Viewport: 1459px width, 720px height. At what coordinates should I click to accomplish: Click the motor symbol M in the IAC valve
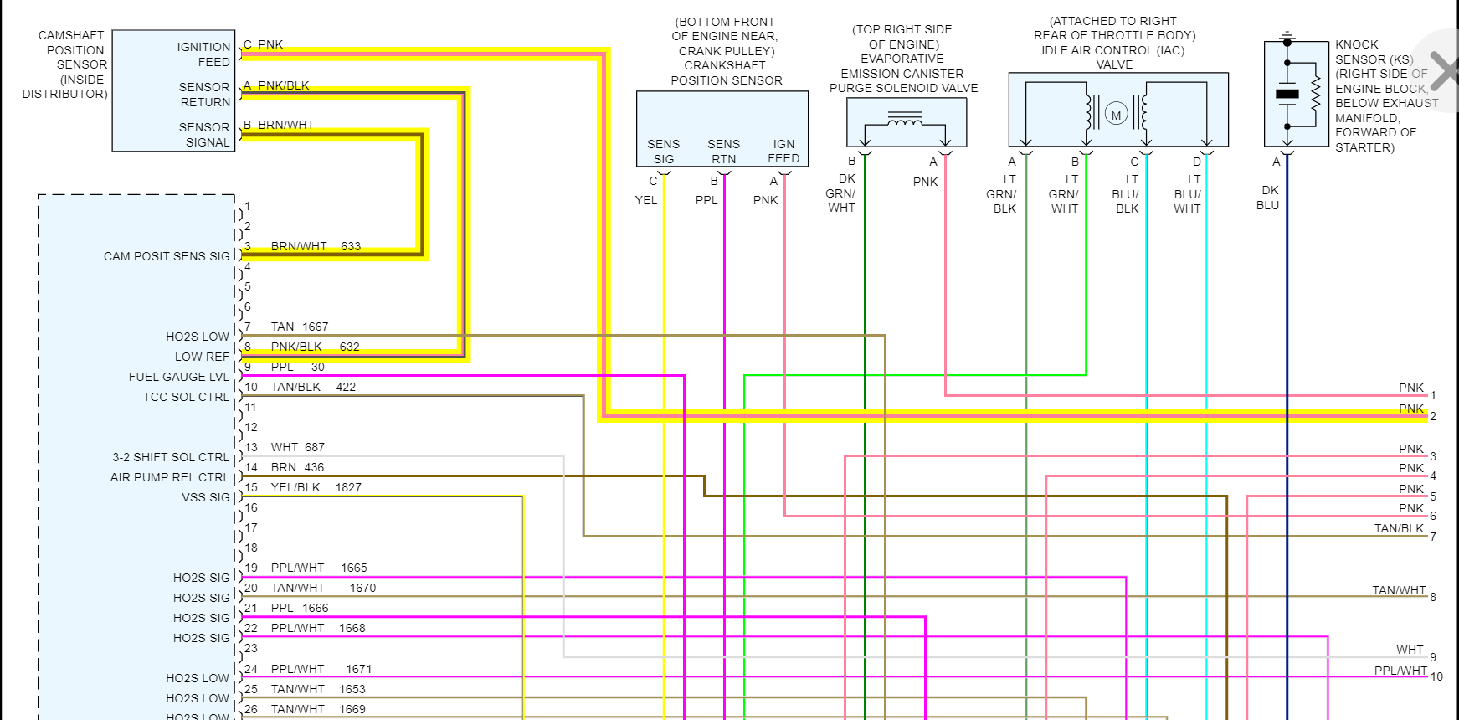pyautogui.click(x=1116, y=115)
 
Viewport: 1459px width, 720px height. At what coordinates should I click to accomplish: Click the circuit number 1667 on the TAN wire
pyautogui.click(x=316, y=327)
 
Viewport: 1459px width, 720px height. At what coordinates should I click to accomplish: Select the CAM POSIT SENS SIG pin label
pyautogui.click(x=167, y=256)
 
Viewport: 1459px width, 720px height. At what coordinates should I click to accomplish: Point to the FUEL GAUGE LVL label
pyautogui.click(x=178, y=377)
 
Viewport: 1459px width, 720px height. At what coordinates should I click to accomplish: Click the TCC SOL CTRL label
pyautogui.click(x=186, y=397)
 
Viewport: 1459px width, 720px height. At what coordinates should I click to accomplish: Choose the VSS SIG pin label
pyautogui.click(x=206, y=497)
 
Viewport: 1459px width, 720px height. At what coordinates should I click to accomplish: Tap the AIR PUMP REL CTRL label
pyautogui.click(x=170, y=477)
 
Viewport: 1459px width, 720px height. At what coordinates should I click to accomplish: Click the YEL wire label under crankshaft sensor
pyautogui.click(x=646, y=200)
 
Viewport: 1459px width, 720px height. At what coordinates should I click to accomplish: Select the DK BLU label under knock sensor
pyautogui.click(x=1268, y=198)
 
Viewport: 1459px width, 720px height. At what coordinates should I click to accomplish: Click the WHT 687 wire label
pyautogui.click(x=297, y=447)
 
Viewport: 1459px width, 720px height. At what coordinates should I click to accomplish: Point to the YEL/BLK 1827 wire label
pyautogui.click(x=316, y=487)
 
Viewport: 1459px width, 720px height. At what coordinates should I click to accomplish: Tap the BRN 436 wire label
pyautogui.click(x=297, y=467)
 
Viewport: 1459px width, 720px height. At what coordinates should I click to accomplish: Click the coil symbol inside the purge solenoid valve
pyautogui.click(x=905, y=123)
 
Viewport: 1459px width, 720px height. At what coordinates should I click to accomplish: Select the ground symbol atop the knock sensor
pyautogui.click(x=1287, y=39)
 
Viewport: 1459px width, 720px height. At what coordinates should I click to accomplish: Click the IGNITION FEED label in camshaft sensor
pyautogui.click(x=203, y=54)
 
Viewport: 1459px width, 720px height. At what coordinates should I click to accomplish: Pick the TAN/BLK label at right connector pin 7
pyautogui.click(x=1399, y=528)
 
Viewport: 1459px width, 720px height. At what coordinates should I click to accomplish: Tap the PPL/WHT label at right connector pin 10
pyautogui.click(x=1400, y=671)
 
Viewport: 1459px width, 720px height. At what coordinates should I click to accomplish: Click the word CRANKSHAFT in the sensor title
pyautogui.click(x=725, y=65)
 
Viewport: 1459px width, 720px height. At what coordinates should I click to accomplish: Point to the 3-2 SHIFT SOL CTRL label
pyautogui.click(x=171, y=457)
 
